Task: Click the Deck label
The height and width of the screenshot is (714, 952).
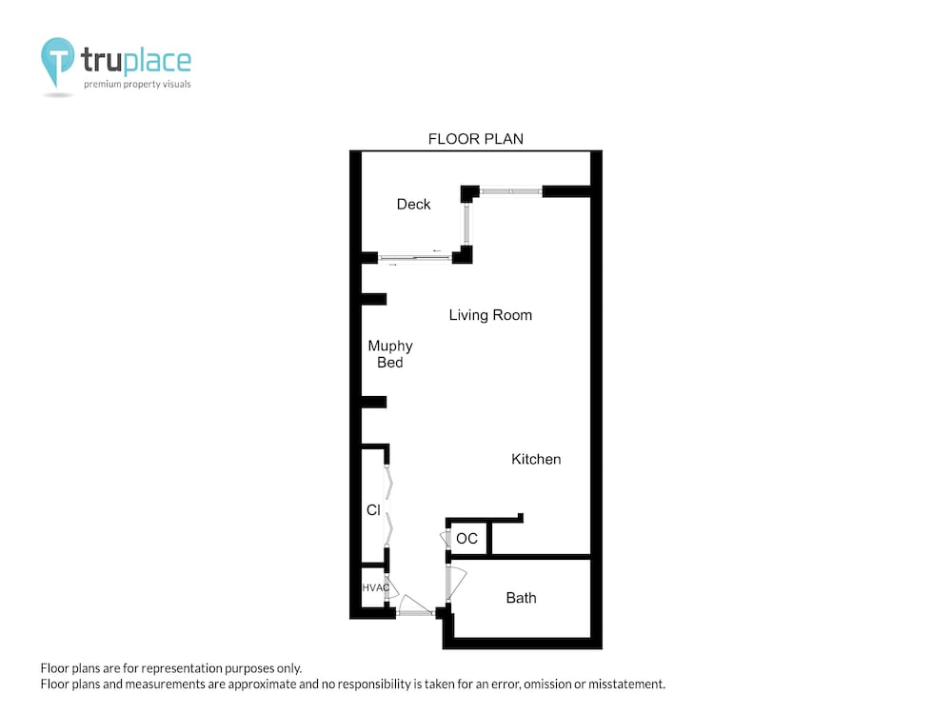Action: coord(413,204)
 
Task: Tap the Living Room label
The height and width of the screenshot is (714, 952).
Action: coord(490,315)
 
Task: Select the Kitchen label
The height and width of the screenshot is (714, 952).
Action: coord(536,459)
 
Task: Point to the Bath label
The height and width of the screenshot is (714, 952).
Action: coord(521,598)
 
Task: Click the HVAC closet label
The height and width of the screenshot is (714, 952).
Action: coord(376,587)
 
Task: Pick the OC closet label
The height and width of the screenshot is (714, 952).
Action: coord(466,539)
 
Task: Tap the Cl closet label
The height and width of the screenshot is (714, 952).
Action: coord(373,510)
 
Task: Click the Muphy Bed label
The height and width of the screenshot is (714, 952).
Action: coord(390,354)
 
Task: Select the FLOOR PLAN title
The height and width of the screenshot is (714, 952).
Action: coord(476,139)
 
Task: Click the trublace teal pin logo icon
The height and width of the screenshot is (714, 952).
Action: coord(58,59)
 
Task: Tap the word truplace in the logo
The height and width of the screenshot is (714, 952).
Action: coord(136,60)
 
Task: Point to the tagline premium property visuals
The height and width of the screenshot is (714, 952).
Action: coord(137,84)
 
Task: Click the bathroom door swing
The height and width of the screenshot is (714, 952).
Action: coord(457,582)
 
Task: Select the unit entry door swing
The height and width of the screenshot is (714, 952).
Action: coord(415,605)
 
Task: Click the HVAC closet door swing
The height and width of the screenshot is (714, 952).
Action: coord(391,587)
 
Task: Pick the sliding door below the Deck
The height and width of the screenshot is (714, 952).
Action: coord(415,258)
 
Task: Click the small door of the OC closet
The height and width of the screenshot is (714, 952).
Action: coord(445,539)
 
